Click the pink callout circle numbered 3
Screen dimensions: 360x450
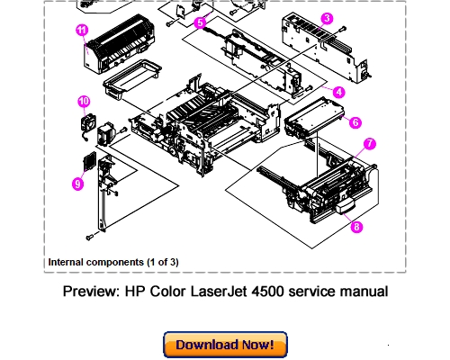pyautogui.click(x=327, y=18)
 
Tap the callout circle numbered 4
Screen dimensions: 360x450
pyautogui.click(x=338, y=91)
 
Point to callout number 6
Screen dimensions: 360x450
pyautogui.click(x=356, y=121)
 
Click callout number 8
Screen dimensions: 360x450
pyautogui.click(x=356, y=227)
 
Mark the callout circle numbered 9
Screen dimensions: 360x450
pyautogui.click(x=77, y=184)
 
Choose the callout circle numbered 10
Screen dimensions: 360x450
pyautogui.click(x=84, y=101)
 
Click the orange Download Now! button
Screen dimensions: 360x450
pyautogui.click(x=224, y=345)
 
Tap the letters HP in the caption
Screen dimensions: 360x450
pyautogui.click(x=136, y=292)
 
